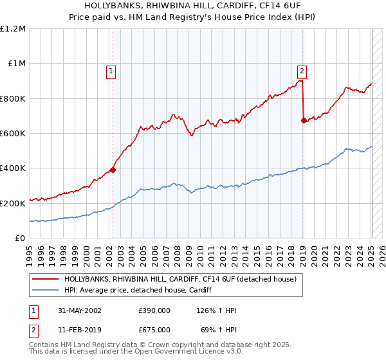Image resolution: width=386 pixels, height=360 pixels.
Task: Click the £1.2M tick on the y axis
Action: [x=13, y=29]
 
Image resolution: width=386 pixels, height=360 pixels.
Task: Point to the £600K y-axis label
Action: [x=13, y=134]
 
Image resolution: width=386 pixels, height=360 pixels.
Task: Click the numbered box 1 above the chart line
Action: [x=112, y=72]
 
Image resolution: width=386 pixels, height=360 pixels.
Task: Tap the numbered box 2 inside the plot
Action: [x=302, y=72]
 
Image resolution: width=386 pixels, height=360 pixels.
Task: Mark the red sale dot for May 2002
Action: [x=113, y=170]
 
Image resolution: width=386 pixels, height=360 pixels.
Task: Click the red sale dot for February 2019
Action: [x=304, y=120]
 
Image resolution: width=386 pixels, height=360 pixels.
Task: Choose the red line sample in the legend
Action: [x=45, y=280]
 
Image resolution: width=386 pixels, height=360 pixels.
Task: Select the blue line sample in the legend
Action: [x=45, y=290]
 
